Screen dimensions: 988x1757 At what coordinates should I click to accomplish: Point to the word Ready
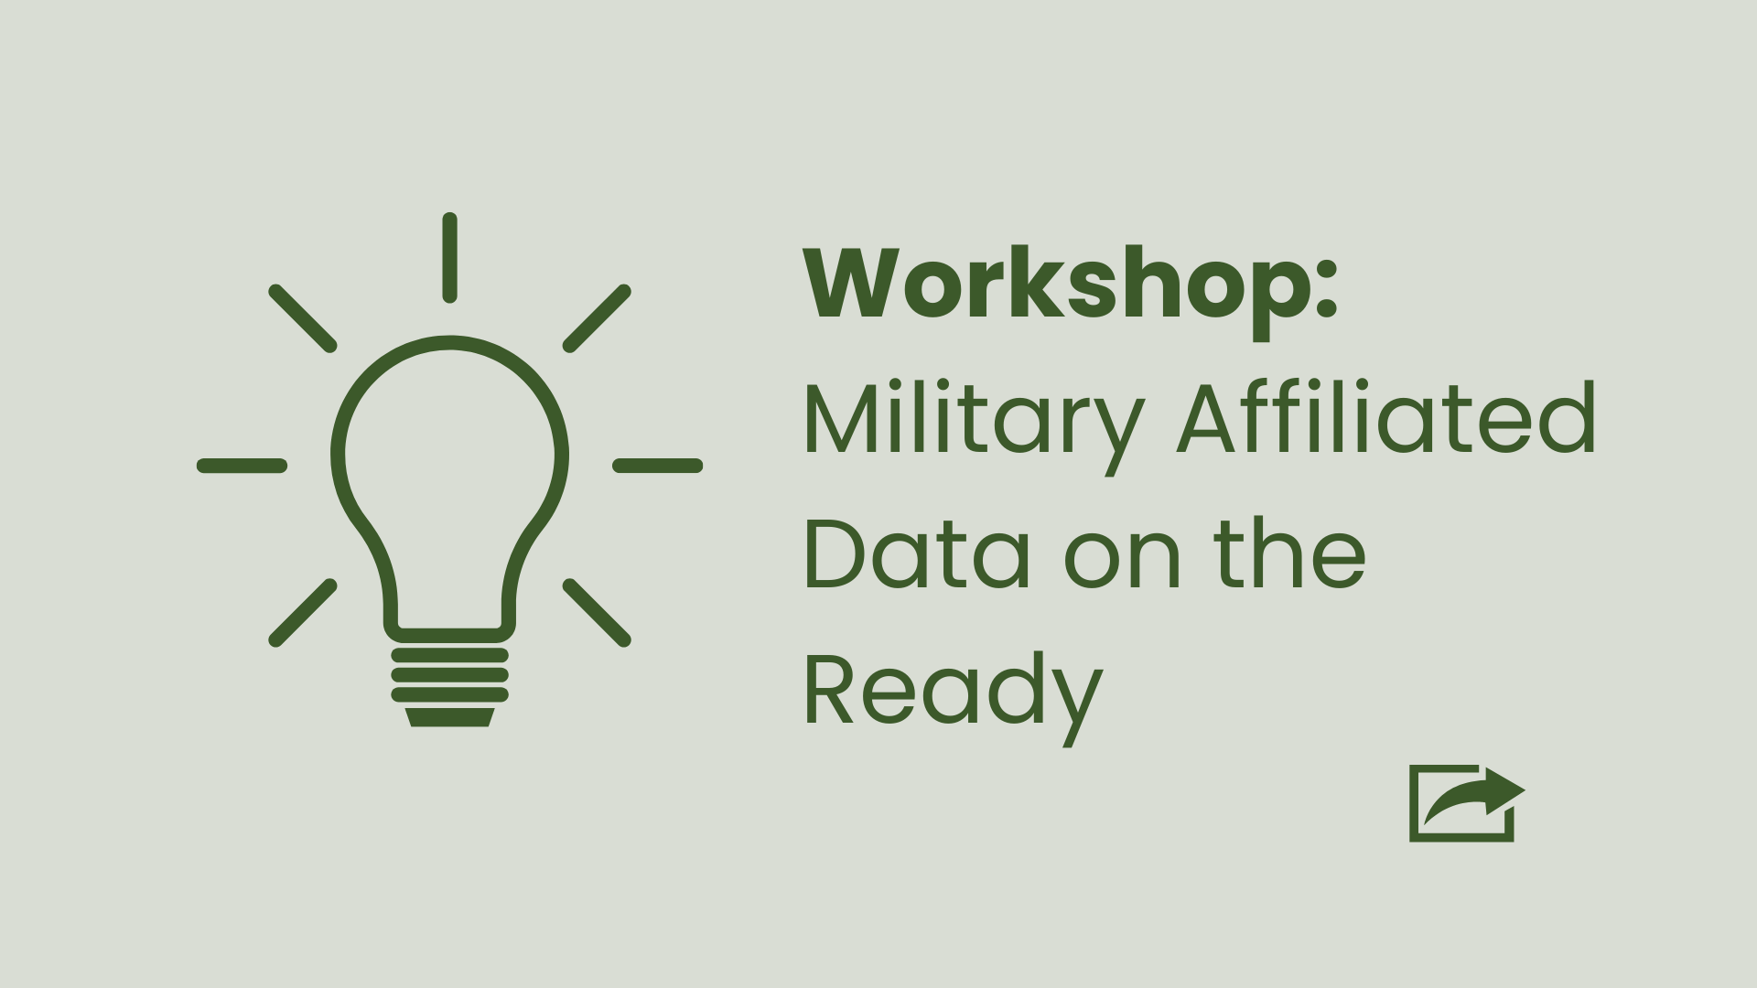(x=953, y=693)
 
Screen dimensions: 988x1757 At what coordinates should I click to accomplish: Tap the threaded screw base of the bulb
(x=449, y=676)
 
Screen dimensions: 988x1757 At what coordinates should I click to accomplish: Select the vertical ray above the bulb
(x=449, y=257)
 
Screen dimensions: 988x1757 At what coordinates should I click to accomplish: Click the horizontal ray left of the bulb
(x=243, y=466)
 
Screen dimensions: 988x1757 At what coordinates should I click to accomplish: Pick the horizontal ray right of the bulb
(x=657, y=466)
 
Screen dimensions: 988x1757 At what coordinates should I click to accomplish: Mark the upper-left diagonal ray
(x=303, y=317)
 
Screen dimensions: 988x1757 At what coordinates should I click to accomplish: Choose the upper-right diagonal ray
(x=597, y=317)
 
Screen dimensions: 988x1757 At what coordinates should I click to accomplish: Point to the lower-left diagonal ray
(x=303, y=612)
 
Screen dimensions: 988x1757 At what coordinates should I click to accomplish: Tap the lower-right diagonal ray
(x=597, y=612)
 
